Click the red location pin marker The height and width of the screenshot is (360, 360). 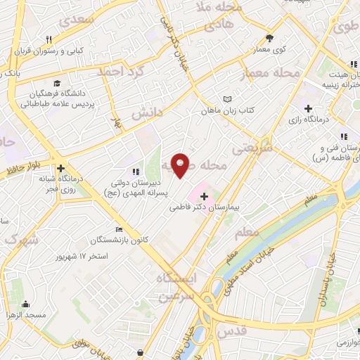(180, 165)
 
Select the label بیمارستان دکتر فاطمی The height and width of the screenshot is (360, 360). (205, 208)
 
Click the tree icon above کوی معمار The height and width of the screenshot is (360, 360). (269, 39)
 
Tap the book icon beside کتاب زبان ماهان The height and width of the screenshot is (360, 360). (226, 99)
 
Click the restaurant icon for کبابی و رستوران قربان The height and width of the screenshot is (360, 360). (49, 39)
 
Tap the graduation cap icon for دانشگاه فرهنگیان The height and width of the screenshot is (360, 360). (56, 82)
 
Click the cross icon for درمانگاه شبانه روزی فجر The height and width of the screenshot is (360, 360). (61, 169)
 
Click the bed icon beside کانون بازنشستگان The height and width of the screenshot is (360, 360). (119, 229)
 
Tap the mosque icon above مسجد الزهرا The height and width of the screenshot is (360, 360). (26, 304)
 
